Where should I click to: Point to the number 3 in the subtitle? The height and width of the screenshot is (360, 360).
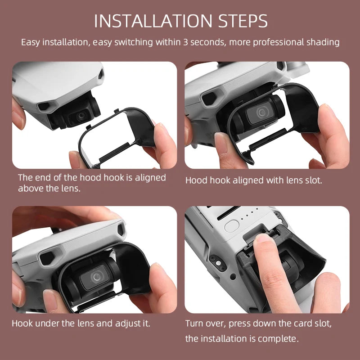tap(186, 42)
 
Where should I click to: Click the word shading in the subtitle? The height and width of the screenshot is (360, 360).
tap(323, 42)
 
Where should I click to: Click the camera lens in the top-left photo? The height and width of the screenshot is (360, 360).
tap(81, 116)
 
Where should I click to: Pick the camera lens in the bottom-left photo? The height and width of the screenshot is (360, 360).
tap(97, 277)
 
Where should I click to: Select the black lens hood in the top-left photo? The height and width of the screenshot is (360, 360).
tap(135, 130)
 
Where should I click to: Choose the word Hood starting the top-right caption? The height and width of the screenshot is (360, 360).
tap(195, 180)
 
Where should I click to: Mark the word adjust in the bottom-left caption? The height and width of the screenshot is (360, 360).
tap(129, 323)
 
